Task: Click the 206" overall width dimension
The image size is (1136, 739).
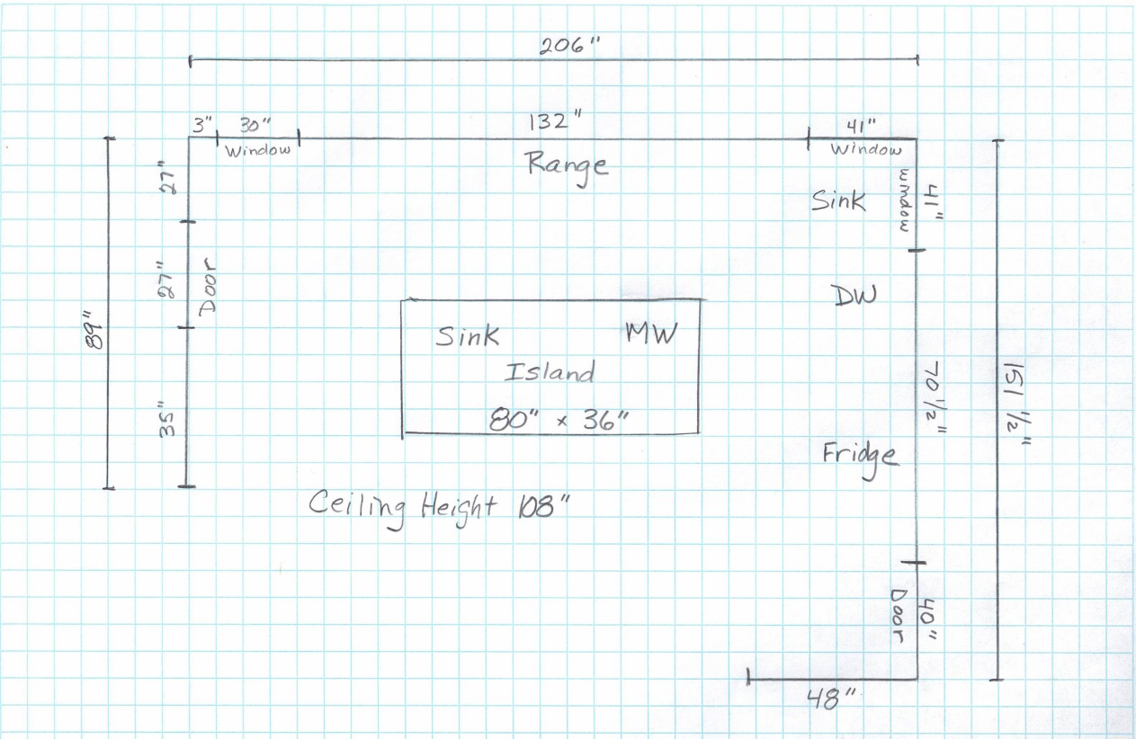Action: point(568,47)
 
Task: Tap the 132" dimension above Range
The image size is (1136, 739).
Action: point(551,122)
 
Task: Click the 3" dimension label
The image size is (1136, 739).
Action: point(201,127)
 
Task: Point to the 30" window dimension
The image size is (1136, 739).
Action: point(255,127)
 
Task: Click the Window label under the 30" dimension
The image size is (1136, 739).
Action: point(258,150)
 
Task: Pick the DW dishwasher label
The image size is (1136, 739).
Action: point(854,295)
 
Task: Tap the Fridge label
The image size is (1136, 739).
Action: point(860,455)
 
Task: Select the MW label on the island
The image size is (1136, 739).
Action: point(651,333)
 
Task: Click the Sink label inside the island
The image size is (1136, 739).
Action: point(468,336)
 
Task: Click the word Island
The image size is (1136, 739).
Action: point(550,371)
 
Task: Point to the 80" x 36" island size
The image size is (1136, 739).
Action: point(558,419)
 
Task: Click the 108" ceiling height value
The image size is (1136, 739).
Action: point(544,506)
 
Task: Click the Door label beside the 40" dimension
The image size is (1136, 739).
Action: point(897,618)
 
